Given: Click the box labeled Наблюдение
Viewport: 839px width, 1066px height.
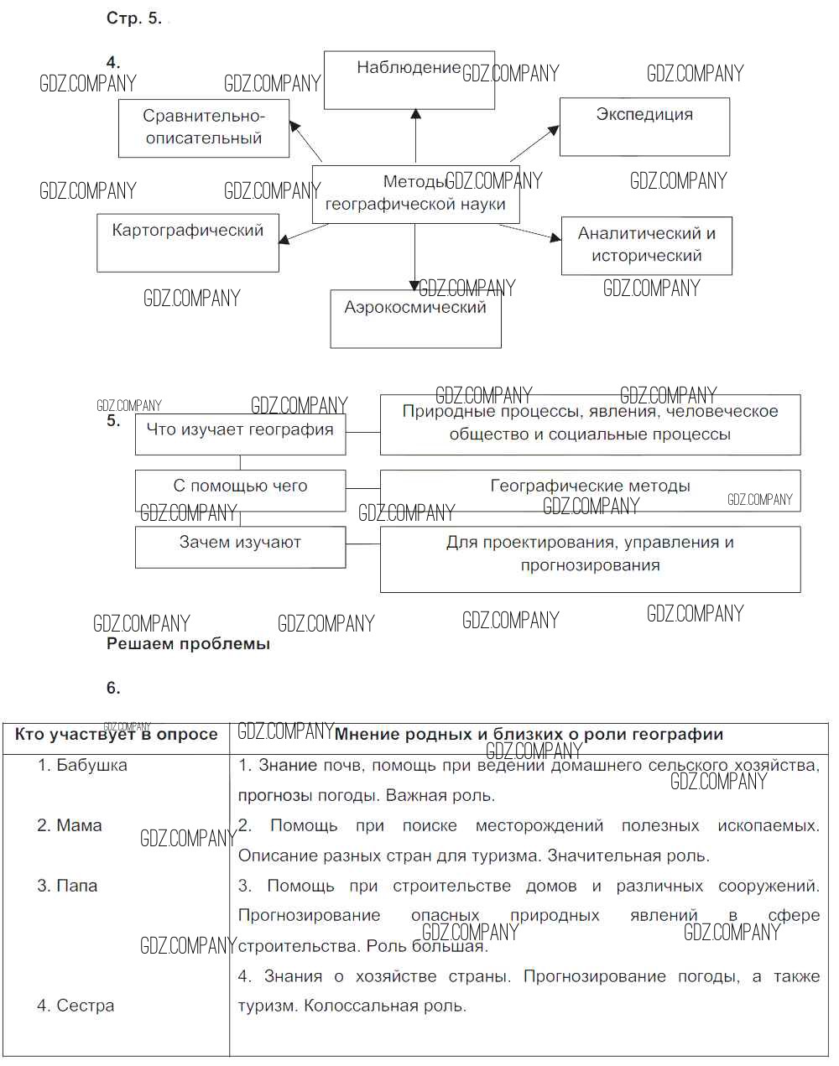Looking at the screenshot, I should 409,80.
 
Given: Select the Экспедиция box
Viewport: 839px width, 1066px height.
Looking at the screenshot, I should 644,127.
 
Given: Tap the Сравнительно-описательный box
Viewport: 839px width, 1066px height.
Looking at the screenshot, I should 204,128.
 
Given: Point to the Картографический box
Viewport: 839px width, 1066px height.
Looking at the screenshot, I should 188,242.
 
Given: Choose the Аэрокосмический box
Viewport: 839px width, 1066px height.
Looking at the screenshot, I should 415,319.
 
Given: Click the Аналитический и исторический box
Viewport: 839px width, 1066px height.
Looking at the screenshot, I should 646,246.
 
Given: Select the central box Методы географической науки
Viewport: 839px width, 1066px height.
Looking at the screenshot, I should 415,194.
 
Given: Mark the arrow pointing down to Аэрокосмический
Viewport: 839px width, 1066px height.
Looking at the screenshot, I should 414,257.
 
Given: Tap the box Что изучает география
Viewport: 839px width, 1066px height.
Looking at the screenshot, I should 240,434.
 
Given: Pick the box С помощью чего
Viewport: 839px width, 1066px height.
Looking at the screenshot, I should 240,490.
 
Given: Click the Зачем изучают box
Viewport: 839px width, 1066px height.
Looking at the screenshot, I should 240,546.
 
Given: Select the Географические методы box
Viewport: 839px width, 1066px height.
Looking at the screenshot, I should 590,490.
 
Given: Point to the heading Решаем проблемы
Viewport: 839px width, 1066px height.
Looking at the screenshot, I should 188,644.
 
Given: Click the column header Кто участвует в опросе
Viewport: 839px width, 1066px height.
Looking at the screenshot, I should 116,735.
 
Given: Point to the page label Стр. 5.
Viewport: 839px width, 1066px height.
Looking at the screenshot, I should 134,18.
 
